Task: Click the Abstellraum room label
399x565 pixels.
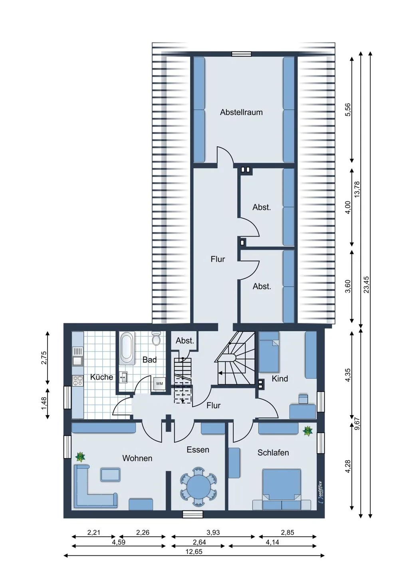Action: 241,112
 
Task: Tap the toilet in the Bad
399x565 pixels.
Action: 156,339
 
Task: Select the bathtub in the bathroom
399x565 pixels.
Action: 127,348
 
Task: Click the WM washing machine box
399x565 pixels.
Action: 159,384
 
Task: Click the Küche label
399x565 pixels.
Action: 101,377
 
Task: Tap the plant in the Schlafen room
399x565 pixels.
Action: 308,431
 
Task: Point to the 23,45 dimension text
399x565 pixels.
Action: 366,284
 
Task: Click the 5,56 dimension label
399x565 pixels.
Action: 347,110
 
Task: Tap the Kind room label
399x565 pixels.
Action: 280,379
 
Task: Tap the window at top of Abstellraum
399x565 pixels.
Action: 242,54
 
